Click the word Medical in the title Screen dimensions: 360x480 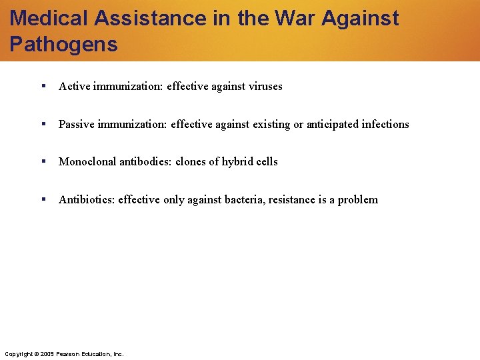point(50,18)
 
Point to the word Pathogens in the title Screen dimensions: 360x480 point(64,44)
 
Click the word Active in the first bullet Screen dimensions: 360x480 point(75,86)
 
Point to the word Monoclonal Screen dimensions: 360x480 point(87,161)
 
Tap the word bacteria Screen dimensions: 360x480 point(243,199)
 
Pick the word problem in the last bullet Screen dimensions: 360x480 point(358,199)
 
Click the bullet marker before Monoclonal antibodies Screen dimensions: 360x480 point(43,161)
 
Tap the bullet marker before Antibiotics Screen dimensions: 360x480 point(43,199)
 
